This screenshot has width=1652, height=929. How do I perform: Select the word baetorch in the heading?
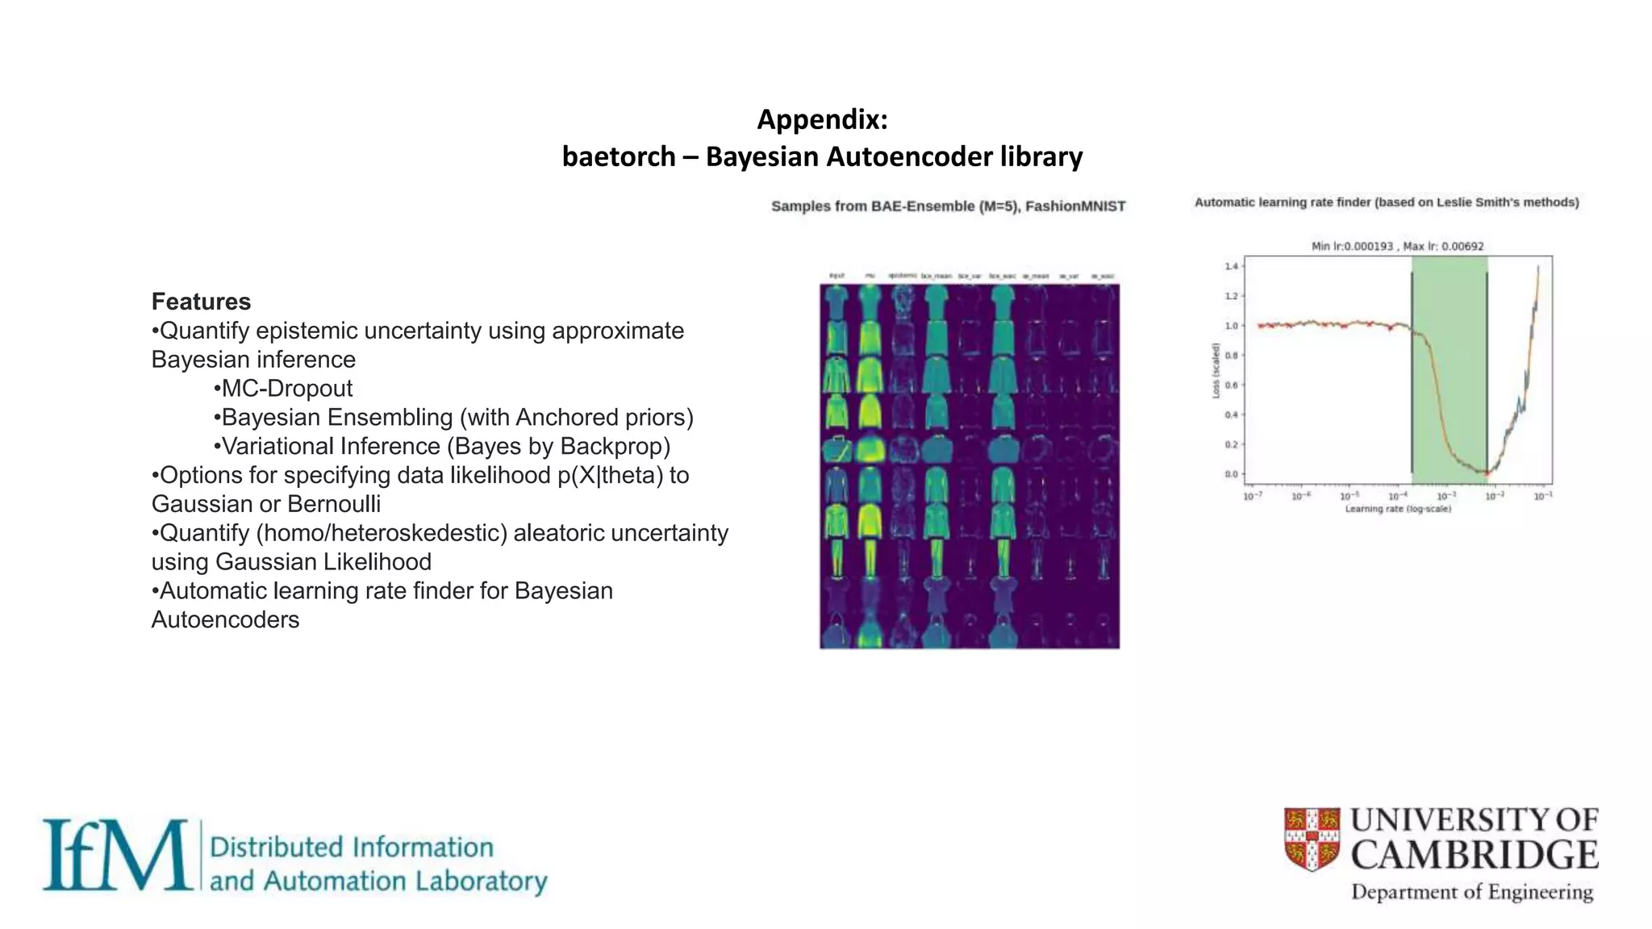click(618, 156)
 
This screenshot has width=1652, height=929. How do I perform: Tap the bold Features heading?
click(201, 302)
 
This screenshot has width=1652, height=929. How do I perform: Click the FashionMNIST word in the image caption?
click(1075, 206)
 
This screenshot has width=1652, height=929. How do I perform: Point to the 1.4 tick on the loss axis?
click(1231, 266)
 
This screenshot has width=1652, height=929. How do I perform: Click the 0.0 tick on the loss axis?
click(1231, 474)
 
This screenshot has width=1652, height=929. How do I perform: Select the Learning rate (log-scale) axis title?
click(1398, 509)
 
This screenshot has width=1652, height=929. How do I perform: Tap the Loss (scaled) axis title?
click(1216, 370)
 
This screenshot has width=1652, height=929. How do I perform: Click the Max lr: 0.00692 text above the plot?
click(1443, 246)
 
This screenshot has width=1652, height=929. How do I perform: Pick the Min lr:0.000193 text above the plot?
click(1352, 246)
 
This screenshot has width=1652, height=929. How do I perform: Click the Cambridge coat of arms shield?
click(1312, 839)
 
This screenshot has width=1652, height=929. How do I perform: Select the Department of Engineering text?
click(1472, 892)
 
